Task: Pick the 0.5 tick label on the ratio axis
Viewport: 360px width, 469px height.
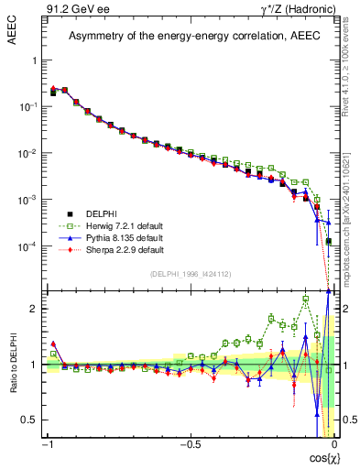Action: coord(31,420)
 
